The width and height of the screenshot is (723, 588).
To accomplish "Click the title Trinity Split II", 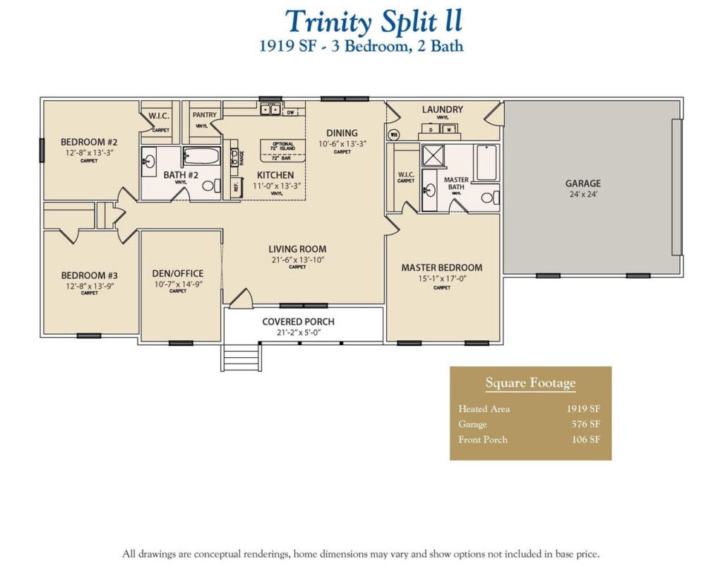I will (x=374, y=22).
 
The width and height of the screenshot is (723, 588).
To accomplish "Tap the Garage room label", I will (x=582, y=184).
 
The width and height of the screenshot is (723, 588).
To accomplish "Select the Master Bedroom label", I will (x=442, y=268).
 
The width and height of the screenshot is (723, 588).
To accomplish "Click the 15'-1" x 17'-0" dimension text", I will (x=442, y=278).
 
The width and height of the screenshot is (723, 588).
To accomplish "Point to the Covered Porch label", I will (x=298, y=321).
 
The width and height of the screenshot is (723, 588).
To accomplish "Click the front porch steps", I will (x=240, y=357).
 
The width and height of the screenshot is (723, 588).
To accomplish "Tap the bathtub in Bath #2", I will (x=202, y=156).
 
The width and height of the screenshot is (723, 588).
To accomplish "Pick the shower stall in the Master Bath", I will (x=433, y=155).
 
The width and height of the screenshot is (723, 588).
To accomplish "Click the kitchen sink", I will (x=269, y=109).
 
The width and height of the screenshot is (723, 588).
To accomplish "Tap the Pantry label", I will (x=205, y=114).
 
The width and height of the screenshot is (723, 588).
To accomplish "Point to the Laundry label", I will (x=443, y=109).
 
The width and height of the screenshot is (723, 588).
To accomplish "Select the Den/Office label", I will (x=178, y=273).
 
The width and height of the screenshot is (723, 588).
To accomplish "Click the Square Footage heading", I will (x=530, y=383).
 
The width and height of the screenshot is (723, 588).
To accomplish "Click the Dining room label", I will (x=342, y=133).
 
